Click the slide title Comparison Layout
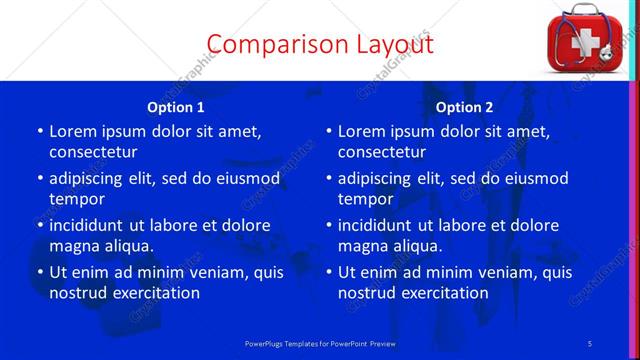point(319,44)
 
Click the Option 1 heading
point(176,107)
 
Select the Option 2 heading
point(465,107)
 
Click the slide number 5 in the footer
point(590,343)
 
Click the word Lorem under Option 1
point(74,131)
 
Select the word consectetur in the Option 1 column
point(93,152)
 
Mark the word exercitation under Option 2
point(440,293)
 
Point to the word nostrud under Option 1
point(78,293)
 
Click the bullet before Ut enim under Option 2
point(328,272)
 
